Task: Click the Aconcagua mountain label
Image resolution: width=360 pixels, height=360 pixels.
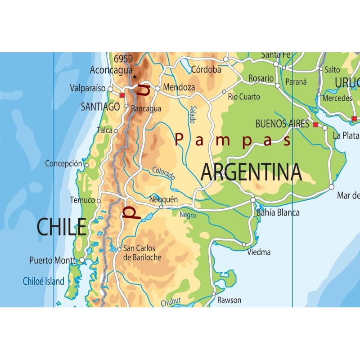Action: pos(111,70)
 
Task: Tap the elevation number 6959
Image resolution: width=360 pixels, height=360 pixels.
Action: pos(123,58)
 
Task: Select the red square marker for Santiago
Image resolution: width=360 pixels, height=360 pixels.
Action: pos(122,95)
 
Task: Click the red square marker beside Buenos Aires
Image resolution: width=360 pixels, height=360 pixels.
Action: pos(315,124)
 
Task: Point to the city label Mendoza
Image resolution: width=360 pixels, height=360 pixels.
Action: pos(179,87)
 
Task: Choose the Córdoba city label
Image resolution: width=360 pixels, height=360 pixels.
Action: pos(206,70)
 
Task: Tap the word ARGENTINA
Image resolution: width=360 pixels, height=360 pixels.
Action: pos(251,172)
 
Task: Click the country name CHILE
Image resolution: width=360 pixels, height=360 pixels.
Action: pos(61,227)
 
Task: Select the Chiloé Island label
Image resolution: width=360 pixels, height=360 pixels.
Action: pos(44,282)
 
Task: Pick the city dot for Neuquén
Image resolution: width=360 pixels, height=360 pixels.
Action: pos(161,207)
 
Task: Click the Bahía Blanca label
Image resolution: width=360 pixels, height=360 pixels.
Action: pos(278,213)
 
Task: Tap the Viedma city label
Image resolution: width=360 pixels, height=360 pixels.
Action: pos(259,252)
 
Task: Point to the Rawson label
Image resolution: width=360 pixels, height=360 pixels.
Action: pos(229,300)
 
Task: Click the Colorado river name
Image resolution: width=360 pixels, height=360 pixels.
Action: pos(163,173)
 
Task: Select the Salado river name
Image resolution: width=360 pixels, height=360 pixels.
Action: pos(193,114)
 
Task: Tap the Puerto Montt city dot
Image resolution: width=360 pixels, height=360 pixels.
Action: pos(82,260)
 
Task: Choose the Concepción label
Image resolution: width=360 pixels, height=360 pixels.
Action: pos(63,164)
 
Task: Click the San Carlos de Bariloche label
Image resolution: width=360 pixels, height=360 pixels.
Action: pos(139,253)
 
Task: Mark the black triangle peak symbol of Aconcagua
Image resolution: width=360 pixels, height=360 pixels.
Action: pos(134,76)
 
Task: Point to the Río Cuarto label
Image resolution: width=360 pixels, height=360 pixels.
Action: pos(244,97)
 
